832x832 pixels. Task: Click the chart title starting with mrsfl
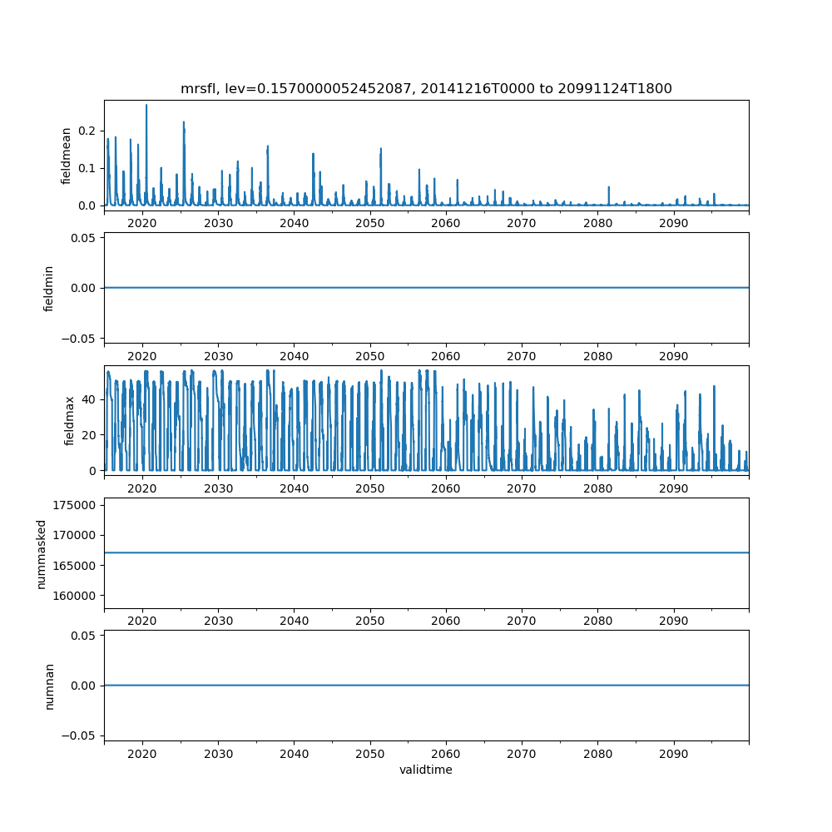click(426, 88)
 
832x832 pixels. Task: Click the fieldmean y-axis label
click(67, 156)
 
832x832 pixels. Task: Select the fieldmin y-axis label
click(49, 288)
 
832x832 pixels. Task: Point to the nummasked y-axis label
click(42, 553)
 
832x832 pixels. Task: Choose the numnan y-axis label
click(49, 686)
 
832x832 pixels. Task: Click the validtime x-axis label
click(426, 770)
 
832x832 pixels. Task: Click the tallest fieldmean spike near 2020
click(146, 106)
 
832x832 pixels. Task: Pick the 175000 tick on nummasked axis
click(77, 505)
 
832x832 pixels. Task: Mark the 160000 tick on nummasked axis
click(77, 596)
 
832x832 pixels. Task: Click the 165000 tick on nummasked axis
click(77, 566)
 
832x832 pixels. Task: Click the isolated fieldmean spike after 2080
click(608, 188)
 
